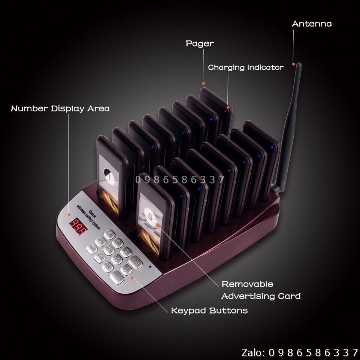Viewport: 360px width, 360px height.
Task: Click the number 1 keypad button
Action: (109, 235)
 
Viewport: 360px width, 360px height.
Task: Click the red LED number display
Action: (78, 226)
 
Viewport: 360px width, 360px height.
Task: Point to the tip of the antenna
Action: (299, 65)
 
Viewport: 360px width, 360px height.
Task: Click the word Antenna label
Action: (312, 24)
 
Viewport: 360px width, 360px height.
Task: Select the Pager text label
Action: (200, 44)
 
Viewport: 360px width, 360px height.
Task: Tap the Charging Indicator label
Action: (246, 68)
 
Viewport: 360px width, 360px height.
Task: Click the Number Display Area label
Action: (60, 109)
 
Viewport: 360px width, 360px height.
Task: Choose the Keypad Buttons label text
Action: (209, 311)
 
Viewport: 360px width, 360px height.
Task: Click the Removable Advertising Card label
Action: (260, 290)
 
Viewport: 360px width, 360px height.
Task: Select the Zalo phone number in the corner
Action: (300, 352)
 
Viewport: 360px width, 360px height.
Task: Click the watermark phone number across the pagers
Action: (180, 180)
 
